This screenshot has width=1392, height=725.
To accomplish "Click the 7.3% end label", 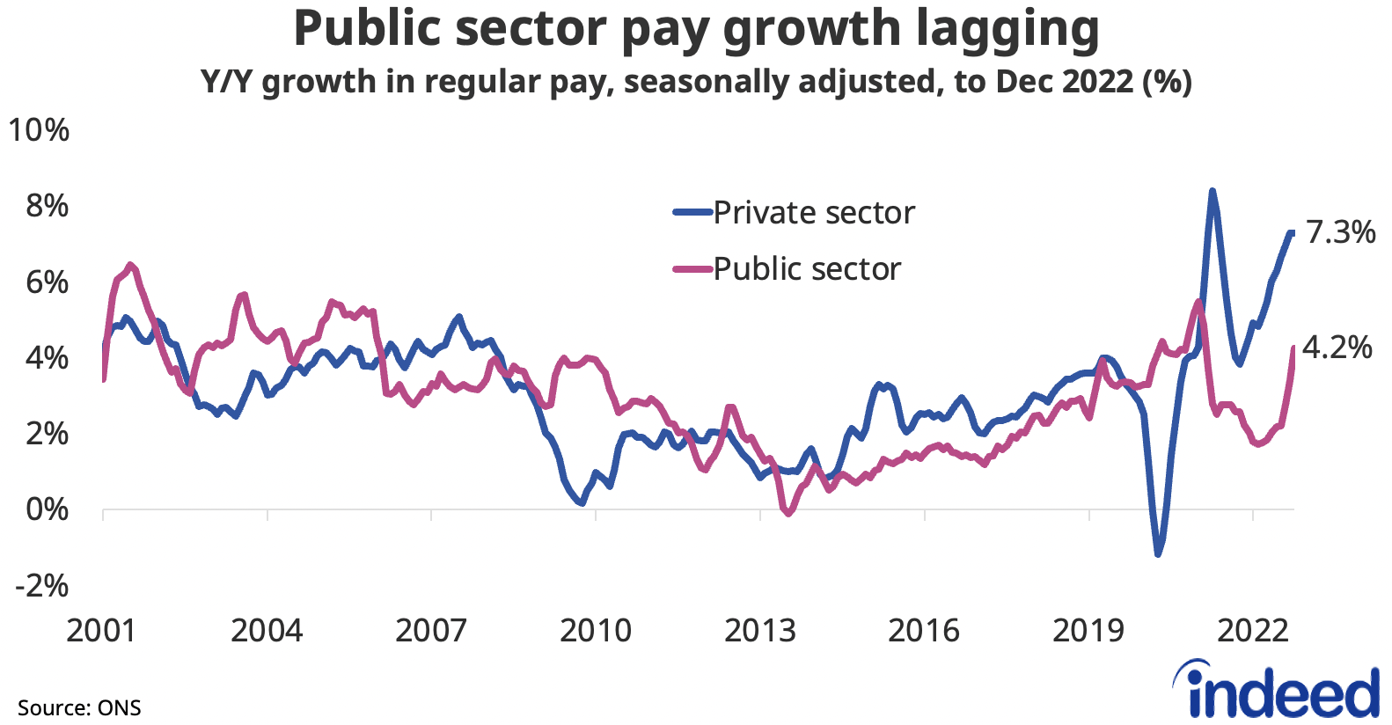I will click(1340, 232).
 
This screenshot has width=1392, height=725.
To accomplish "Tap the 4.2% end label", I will click(1337, 348).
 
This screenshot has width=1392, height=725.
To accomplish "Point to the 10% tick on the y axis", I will click(39, 130).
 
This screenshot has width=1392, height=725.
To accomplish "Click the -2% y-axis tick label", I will click(41, 585).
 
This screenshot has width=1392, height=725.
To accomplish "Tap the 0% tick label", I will click(47, 509).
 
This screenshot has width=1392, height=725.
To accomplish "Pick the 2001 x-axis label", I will click(101, 631).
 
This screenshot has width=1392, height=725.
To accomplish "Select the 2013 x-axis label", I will click(759, 631).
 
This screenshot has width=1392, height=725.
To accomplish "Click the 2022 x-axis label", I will click(1252, 631).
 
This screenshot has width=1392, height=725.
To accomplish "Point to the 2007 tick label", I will click(430, 631).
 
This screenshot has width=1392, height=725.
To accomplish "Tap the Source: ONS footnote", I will click(79, 708).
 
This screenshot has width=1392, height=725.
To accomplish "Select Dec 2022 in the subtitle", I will click(1064, 82).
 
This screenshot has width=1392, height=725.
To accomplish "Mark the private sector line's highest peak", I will click(1213, 191).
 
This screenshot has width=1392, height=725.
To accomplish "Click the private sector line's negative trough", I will click(1158, 554).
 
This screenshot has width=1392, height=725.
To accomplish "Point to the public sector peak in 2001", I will click(130, 264).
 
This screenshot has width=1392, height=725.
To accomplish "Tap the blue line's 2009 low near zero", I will click(581, 502).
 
